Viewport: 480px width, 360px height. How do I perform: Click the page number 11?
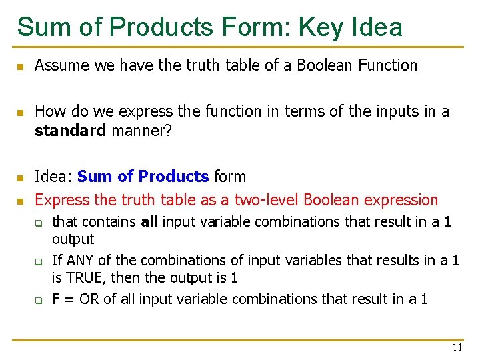(x=457, y=347)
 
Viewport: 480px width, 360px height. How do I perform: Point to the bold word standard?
(x=70, y=131)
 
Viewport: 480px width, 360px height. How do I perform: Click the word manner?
(x=142, y=131)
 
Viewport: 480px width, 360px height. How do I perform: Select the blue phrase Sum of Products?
(x=143, y=177)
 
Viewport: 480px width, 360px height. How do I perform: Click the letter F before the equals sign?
(x=56, y=299)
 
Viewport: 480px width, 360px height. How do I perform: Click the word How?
(x=49, y=111)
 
